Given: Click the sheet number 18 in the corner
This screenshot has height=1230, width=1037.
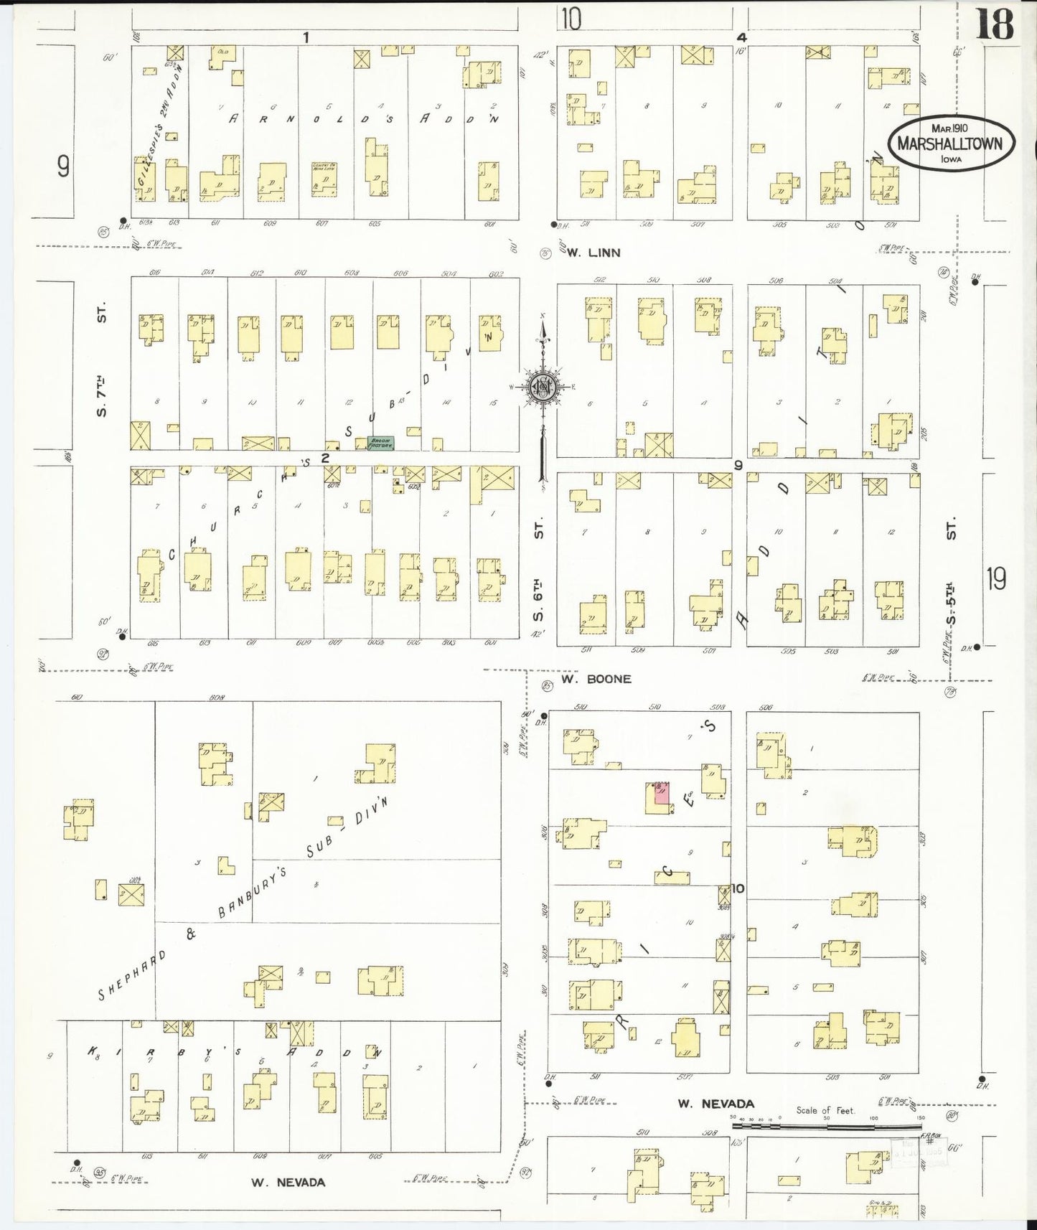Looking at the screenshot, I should coord(994,26).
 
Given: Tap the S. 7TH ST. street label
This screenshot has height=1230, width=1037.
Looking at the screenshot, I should coord(103,360).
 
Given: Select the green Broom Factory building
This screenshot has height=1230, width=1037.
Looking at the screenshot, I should coord(379,443).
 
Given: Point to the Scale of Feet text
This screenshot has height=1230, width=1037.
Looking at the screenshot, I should coord(825,1111).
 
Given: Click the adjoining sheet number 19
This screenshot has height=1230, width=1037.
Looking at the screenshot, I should coord(995,578).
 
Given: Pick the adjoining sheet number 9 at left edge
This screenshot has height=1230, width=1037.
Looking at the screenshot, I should coord(63,167).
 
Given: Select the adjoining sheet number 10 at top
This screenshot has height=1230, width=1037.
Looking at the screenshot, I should coord(571,19).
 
